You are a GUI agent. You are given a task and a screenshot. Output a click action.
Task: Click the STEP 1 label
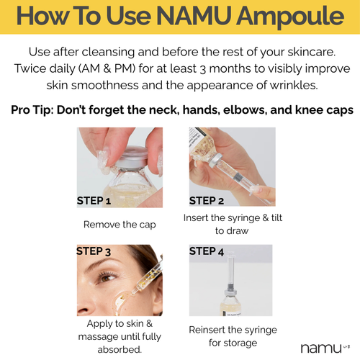[x=94, y=201]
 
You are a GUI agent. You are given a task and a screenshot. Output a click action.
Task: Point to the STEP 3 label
[x=94, y=252]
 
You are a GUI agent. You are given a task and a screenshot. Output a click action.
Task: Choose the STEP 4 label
[x=207, y=252]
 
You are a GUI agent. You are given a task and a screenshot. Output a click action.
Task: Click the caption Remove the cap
[x=120, y=225]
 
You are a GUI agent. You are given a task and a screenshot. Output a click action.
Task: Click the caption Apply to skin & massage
[x=119, y=336]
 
